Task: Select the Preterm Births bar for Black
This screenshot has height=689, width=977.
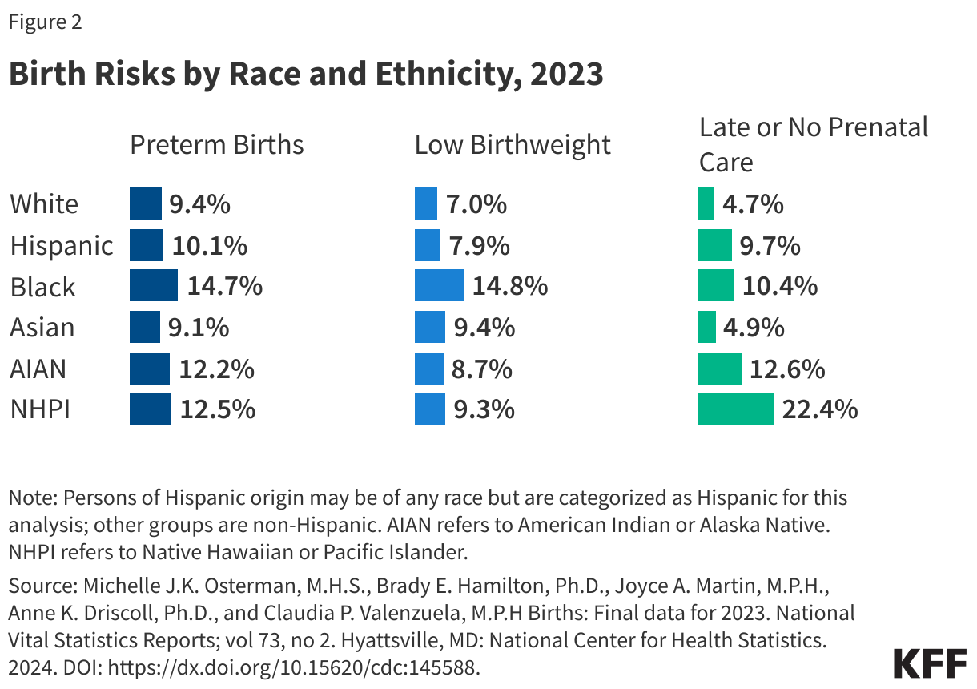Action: point(154,286)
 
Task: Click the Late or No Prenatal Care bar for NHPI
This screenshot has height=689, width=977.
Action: point(735,409)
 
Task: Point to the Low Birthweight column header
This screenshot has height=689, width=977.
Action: point(513,145)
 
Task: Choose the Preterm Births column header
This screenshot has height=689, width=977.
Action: point(217,145)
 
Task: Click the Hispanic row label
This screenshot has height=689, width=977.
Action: point(61,245)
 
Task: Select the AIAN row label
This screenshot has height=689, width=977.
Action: point(38,369)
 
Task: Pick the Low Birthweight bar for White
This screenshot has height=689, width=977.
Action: point(426,203)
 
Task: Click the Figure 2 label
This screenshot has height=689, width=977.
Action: point(45,22)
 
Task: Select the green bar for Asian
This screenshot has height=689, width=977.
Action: point(706,327)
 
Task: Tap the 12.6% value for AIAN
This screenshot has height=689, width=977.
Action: point(787,369)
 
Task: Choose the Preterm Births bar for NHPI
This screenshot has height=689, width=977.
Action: point(151,409)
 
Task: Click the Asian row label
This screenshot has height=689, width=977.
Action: point(42,327)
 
